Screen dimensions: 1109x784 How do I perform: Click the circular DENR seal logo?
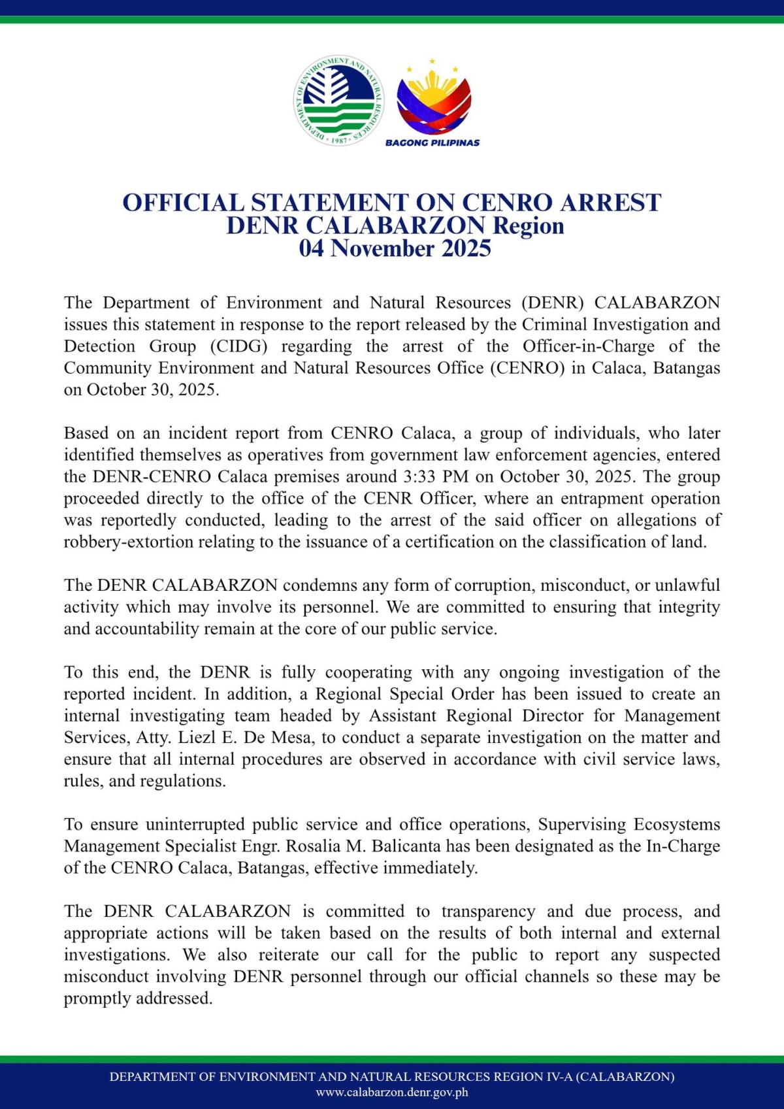point(338,100)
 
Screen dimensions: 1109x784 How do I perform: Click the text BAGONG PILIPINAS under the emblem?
point(433,142)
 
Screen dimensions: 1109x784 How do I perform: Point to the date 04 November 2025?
point(395,248)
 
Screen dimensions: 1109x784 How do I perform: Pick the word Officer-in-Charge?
point(588,346)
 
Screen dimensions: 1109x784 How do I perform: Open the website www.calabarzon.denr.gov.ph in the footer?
point(392,1092)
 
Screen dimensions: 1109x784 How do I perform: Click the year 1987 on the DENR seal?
point(339,140)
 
